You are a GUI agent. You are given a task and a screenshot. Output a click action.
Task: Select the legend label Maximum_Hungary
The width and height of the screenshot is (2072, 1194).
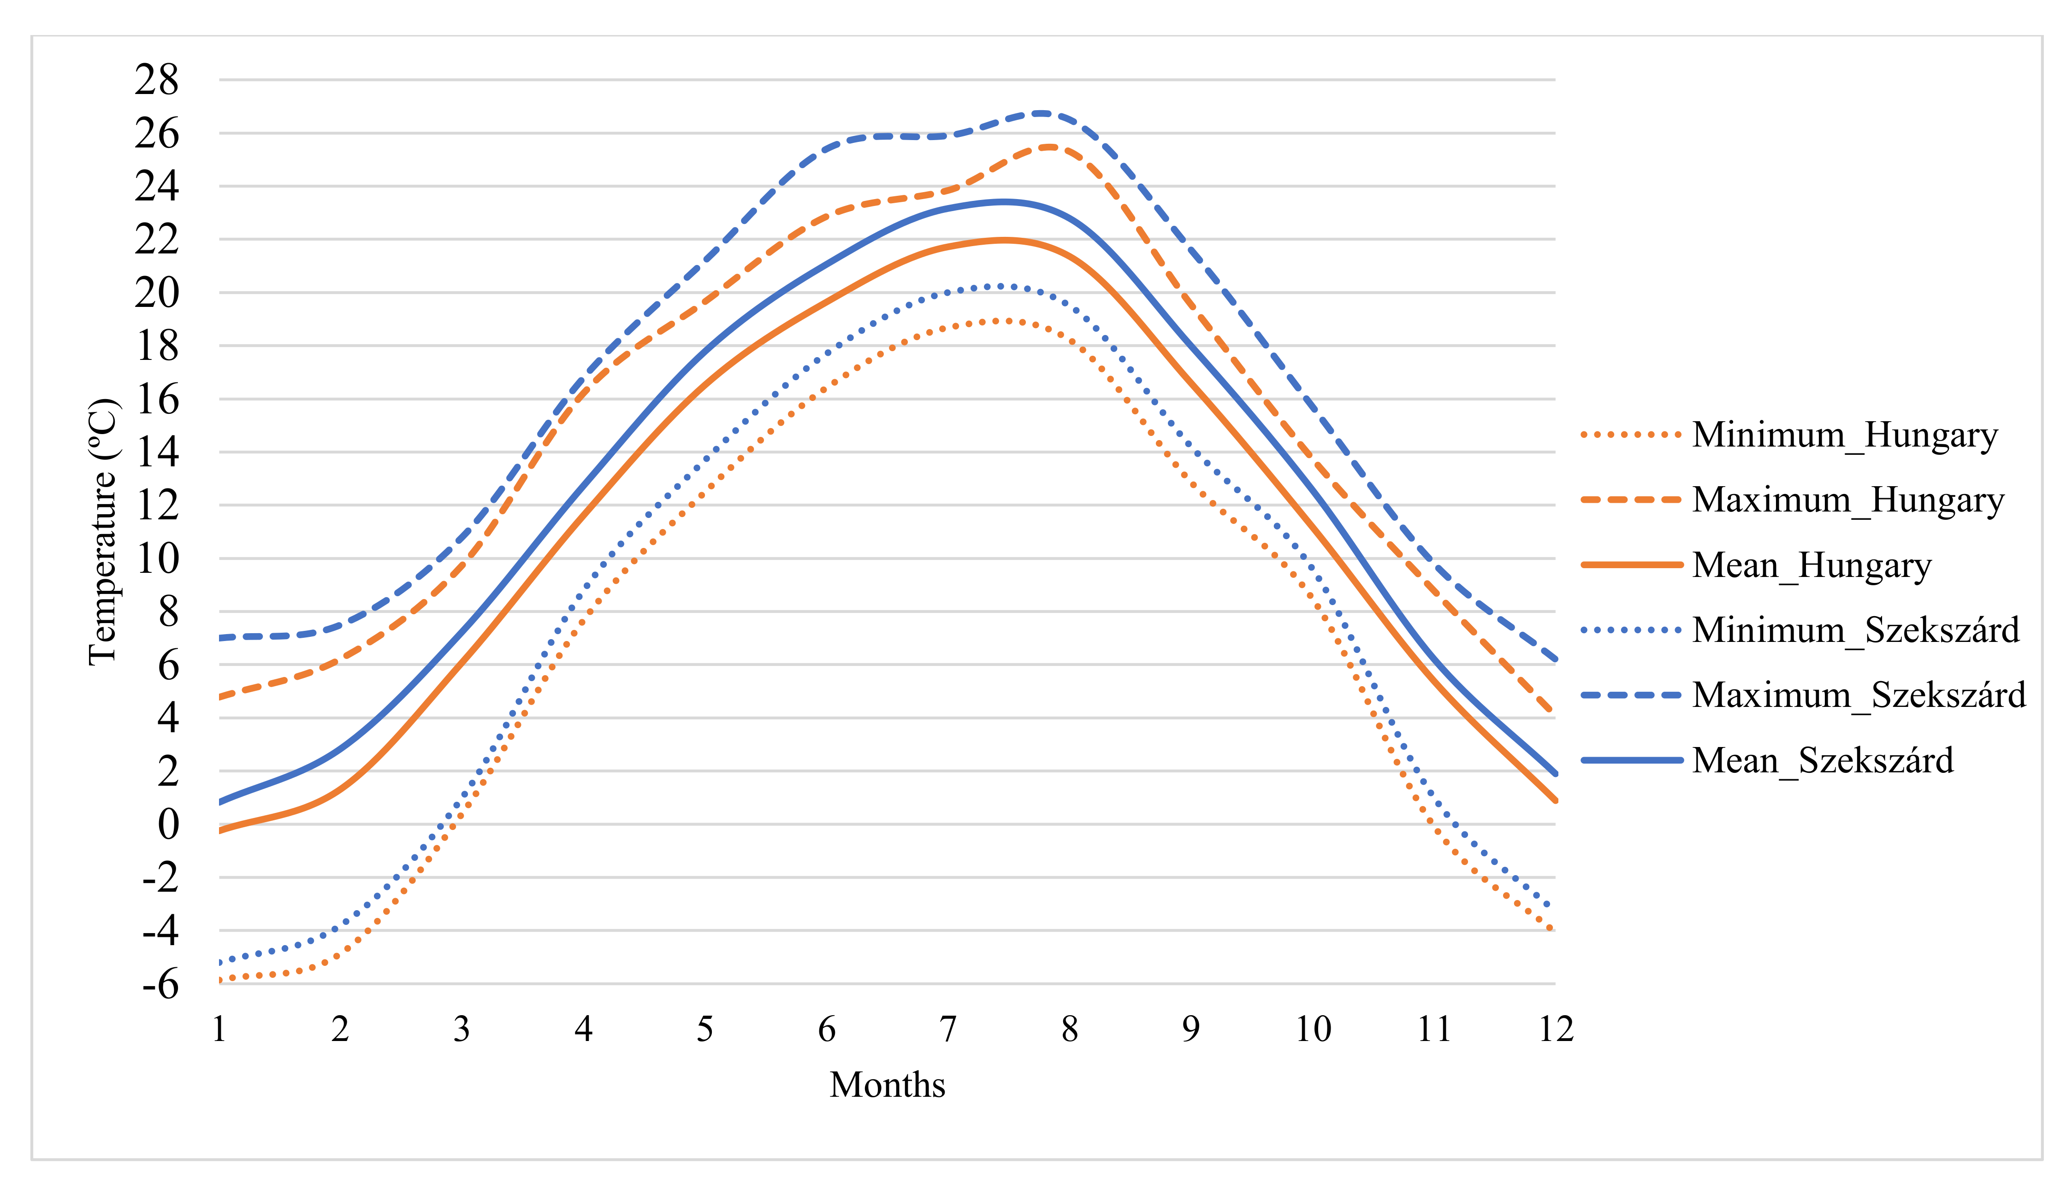[1847, 500]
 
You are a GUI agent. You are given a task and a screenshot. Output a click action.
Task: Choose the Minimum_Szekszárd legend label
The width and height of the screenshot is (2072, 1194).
[1855, 630]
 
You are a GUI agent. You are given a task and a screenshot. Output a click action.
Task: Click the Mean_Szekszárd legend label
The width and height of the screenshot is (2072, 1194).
[1823, 760]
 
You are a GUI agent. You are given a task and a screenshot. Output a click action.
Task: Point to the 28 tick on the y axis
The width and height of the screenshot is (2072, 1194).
[157, 80]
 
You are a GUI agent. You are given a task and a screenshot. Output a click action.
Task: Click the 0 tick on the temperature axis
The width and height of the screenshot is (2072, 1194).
[168, 824]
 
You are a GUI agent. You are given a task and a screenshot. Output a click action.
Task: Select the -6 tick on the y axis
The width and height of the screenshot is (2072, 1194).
[160, 984]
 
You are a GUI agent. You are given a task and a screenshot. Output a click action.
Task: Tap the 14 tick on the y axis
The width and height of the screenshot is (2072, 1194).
[157, 452]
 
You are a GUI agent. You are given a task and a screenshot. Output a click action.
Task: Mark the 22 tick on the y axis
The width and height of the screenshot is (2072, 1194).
[157, 240]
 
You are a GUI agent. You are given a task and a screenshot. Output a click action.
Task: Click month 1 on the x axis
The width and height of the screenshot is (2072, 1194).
[219, 1029]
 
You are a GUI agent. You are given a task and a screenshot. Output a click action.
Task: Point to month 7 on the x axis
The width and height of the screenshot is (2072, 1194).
[948, 1029]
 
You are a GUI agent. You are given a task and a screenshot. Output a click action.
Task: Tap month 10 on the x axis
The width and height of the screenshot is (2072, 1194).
[1313, 1029]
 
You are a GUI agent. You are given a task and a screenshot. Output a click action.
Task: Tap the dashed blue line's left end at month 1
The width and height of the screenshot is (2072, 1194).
[221, 637]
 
